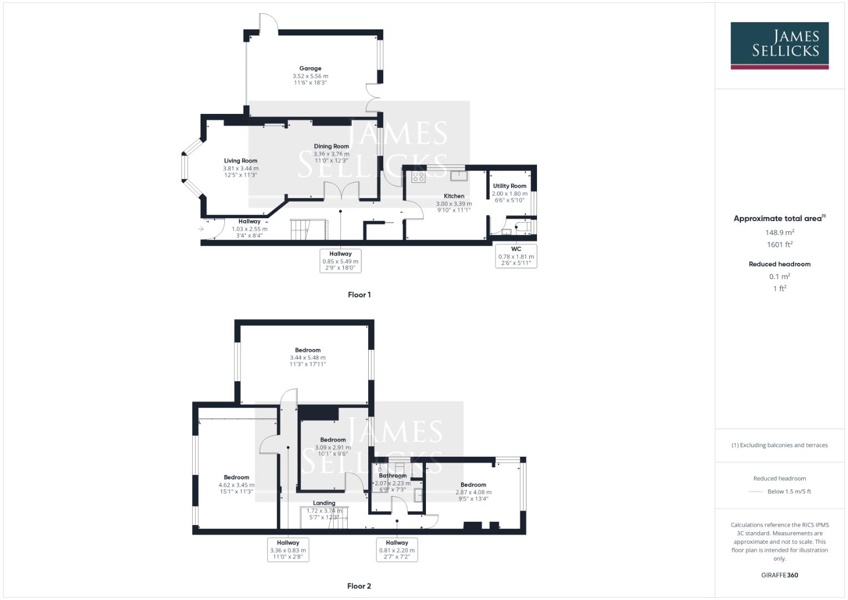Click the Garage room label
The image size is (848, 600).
click(310, 69)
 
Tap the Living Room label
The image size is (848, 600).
click(240, 161)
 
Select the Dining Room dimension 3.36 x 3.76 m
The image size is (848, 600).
click(332, 154)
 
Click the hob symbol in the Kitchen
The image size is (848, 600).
click(418, 177)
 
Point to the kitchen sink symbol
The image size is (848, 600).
click(459, 176)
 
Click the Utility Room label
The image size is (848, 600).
click(509, 186)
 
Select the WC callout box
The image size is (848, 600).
click(516, 256)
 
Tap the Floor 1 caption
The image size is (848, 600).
click(359, 295)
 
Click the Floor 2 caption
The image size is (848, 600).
click(359, 586)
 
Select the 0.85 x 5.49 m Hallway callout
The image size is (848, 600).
click(340, 261)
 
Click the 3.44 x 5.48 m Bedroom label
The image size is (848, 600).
click(308, 350)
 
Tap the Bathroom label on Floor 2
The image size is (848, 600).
click(393, 476)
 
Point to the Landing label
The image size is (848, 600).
click(324, 503)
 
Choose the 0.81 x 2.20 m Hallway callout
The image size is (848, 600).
click(397, 549)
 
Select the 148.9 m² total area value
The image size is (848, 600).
click(780, 233)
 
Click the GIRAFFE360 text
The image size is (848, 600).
click(779, 575)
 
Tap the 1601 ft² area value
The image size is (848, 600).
click(780, 244)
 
